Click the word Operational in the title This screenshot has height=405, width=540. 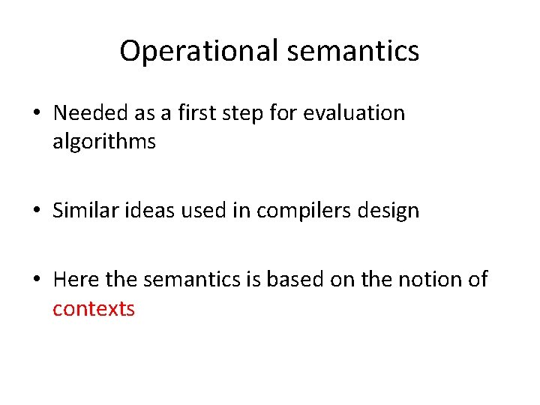199,52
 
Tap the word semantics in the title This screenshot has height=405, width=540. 352,52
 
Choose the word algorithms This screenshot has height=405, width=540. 104,142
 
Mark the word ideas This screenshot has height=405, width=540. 148,211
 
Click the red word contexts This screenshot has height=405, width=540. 94,308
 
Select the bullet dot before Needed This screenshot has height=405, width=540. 37,114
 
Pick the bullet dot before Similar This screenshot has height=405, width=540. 37,211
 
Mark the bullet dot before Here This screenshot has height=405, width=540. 37,280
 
